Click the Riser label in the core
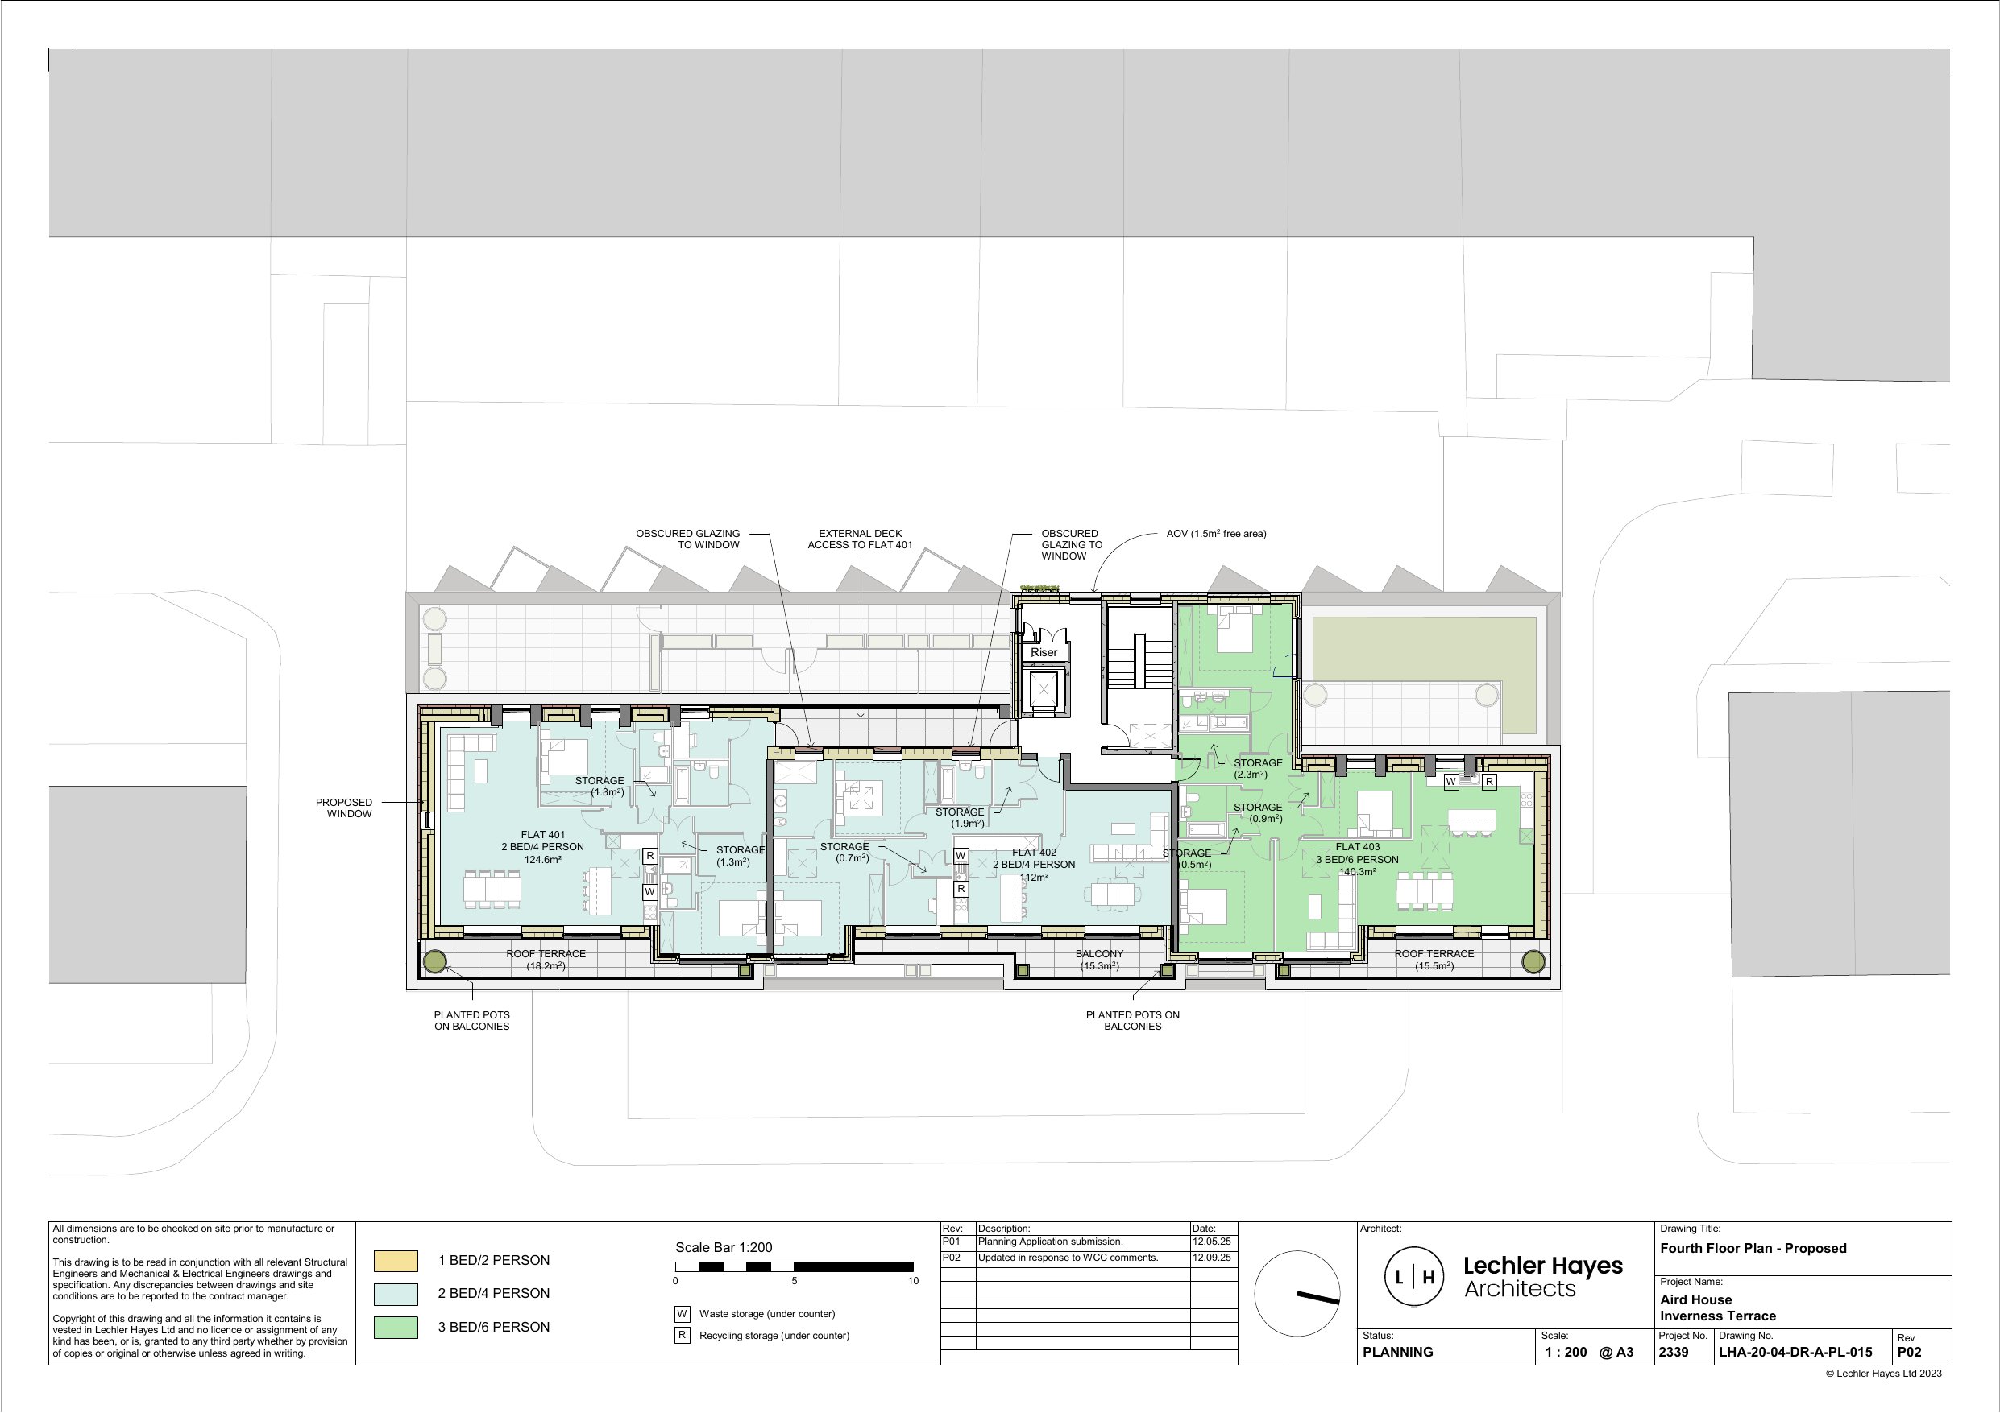1044,652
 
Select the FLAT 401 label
542,835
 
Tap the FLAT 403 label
1357,846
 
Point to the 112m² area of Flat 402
1033,877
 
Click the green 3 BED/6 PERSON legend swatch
396,1327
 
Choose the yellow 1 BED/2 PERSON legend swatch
396,1261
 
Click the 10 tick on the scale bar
913,1281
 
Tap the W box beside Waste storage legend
682,1314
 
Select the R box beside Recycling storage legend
682,1335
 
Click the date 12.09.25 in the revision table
1212,1257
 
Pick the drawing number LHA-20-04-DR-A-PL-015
1795,1352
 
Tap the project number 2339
1674,1352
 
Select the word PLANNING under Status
1397,1352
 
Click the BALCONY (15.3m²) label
1099,960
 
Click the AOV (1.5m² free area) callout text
1216,534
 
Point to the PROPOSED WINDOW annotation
344,808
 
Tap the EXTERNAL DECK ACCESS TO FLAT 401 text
860,539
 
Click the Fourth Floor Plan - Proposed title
1753,1248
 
